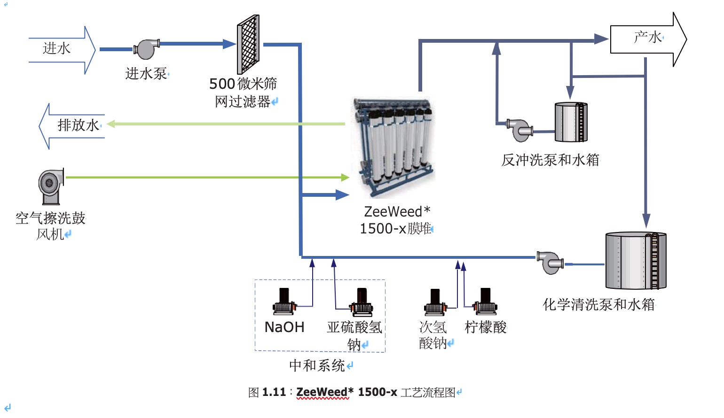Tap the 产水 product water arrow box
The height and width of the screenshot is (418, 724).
(647, 39)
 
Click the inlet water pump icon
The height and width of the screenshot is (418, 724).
(146, 49)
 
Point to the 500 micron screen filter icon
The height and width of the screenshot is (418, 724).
(248, 45)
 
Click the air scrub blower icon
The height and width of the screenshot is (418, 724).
(51, 186)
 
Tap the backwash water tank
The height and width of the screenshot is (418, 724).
(571, 122)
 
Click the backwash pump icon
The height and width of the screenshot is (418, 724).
(519, 130)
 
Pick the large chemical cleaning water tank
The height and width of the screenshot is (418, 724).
(636, 261)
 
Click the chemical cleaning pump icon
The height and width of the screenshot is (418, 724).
(550, 263)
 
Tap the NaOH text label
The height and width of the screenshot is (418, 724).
(284, 327)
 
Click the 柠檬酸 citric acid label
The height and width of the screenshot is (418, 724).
(486, 327)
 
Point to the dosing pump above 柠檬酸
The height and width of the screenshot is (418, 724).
(485, 302)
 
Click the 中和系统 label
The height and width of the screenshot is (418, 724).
(317, 365)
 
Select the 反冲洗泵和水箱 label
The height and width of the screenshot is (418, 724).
(550, 160)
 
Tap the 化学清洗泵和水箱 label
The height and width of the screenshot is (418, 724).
(598, 304)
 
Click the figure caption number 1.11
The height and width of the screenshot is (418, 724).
(274, 392)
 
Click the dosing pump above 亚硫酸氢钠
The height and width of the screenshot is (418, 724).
(361, 302)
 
